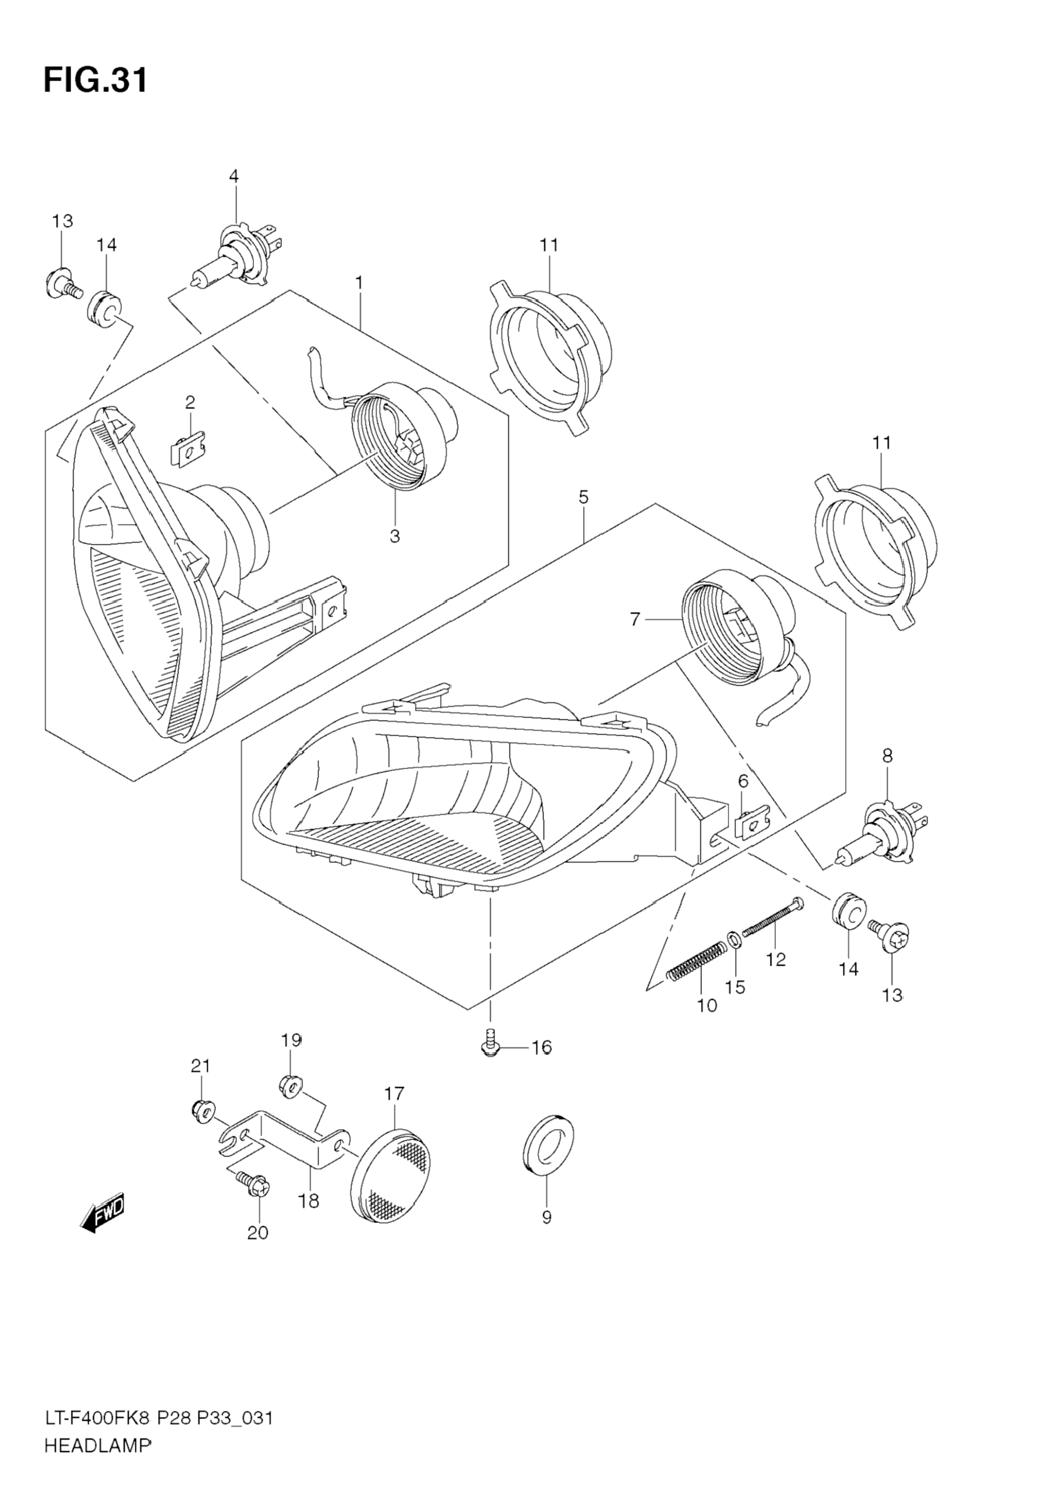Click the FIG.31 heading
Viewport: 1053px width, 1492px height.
click(96, 81)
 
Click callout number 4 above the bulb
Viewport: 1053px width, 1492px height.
click(233, 176)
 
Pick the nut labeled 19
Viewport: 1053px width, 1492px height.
click(291, 1085)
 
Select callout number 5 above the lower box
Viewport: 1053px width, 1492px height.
click(583, 498)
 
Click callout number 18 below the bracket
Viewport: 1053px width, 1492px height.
click(309, 1201)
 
